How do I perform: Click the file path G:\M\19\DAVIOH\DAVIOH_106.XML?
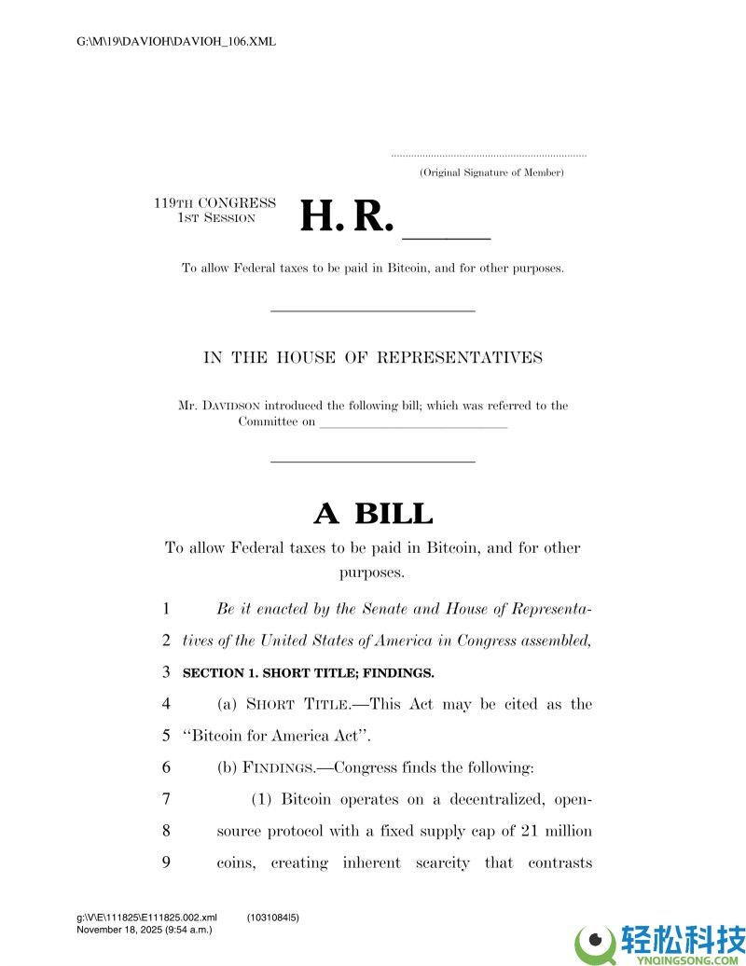pyautogui.click(x=176, y=42)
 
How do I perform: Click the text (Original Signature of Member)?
pyautogui.click(x=490, y=172)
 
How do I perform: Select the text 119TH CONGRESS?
pyautogui.click(x=214, y=203)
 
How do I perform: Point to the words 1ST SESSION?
pyautogui.click(x=216, y=218)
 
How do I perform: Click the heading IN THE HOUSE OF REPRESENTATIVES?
pyautogui.click(x=373, y=357)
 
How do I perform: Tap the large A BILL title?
pyautogui.click(x=373, y=513)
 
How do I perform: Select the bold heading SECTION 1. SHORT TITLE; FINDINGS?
pyautogui.click(x=309, y=672)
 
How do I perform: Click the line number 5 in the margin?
pyautogui.click(x=166, y=736)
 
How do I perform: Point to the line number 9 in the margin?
pyautogui.click(x=166, y=862)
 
